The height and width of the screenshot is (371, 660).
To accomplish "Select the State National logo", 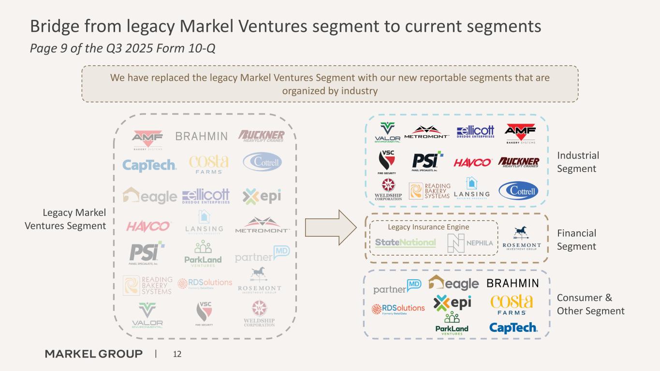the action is pos(405,243).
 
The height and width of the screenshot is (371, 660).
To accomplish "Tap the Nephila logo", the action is pos(469,243).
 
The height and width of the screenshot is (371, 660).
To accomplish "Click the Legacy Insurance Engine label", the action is pos(428,227).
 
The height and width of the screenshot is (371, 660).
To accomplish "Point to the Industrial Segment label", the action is pos(578,162).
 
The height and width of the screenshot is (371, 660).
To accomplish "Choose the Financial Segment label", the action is pos(576,240).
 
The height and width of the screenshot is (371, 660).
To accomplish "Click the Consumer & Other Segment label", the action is pos(590,304).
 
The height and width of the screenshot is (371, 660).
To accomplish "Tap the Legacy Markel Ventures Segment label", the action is pos(74,219).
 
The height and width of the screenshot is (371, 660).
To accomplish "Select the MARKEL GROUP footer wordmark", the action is pos(94,354).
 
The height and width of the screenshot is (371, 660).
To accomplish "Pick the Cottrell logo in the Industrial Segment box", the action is pos(518,190).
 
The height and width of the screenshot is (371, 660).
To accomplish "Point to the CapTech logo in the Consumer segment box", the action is pos(513,328).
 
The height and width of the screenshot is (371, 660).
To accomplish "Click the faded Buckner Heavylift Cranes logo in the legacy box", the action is pos(262,136).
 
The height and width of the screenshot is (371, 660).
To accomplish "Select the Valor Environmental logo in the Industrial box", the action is pos(388,132).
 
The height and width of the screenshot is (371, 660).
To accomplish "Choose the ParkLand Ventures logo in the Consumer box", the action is pos(452,324).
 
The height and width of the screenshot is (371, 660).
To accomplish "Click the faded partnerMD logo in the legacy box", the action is pos(262,255).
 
